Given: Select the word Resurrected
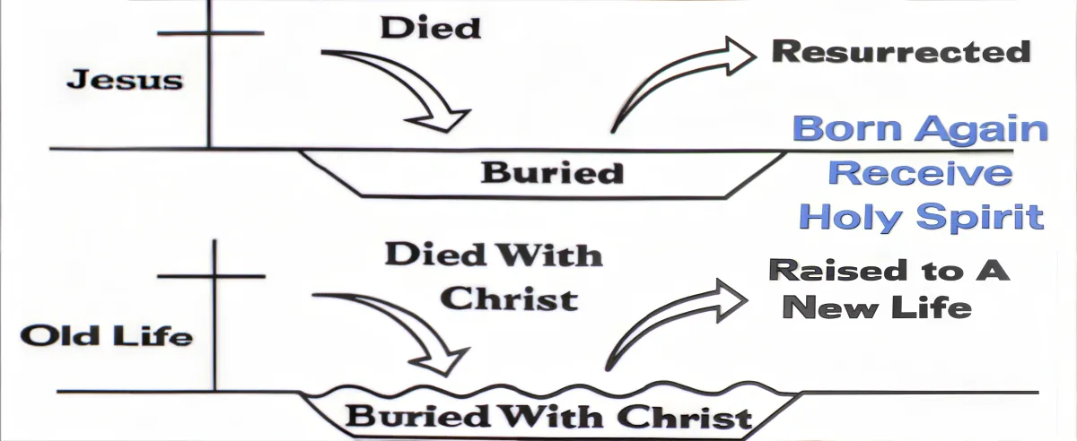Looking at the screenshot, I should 901,51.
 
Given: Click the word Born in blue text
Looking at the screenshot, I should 848,129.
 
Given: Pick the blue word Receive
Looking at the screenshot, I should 920,172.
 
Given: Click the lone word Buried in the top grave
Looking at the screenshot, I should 551,171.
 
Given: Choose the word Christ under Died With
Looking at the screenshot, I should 508,298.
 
